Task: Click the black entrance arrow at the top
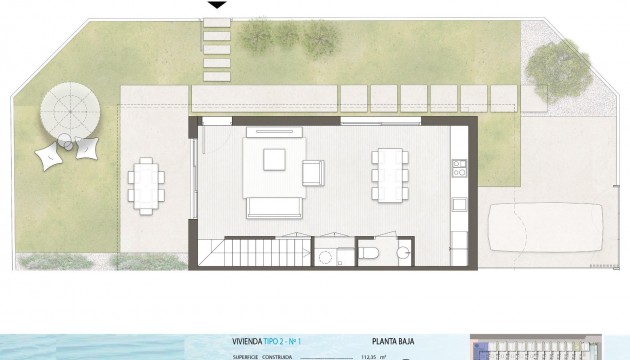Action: click(x=215, y=4)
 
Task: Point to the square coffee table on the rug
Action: click(x=275, y=161)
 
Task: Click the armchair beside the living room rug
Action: click(x=314, y=172)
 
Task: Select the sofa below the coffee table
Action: click(x=274, y=208)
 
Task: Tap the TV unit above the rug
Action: click(x=274, y=130)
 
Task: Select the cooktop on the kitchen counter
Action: click(x=459, y=172)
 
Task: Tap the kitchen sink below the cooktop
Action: click(x=459, y=204)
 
